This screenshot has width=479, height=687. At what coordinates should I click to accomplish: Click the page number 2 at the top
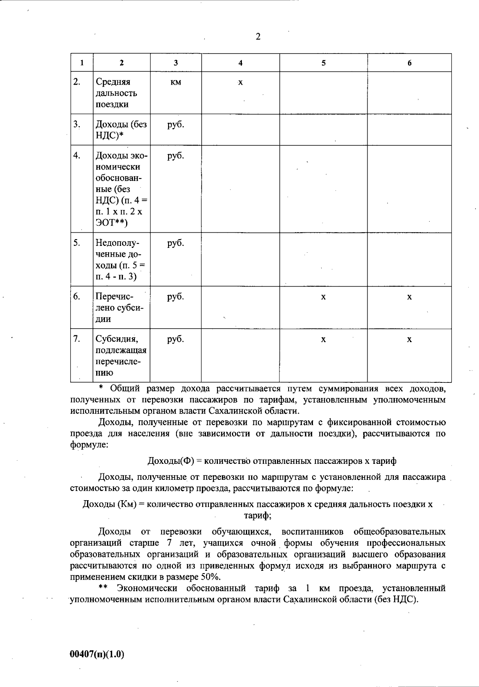pyautogui.click(x=258, y=37)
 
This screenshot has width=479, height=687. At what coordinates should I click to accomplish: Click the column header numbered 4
pyautogui.click(x=240, y=63)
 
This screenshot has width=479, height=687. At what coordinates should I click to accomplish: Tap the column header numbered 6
pyautogui.click(x=410, y=63)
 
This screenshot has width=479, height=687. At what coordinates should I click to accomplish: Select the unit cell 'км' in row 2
pyautogui.click(x=176, y=82)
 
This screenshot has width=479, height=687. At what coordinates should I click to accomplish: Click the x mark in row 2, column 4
pyautogui.click(x=240, y=83)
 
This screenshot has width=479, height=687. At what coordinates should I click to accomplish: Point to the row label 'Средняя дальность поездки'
pyautogui.click(x=117, y=93)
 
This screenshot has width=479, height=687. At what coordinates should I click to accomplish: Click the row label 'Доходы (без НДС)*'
pyautogui.click(x=121, y=130)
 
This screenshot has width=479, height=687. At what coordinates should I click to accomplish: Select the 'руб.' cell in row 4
pyautogui.click(x=176, y=156)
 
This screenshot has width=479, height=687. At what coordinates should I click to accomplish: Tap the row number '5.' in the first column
pyautogui.click(x=77, y=243)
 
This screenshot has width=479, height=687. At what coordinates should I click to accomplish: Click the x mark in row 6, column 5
pyautogui.click(x=323, y=297)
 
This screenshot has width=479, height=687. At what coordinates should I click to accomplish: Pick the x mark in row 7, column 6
pyautogui.click(x=410, y=340)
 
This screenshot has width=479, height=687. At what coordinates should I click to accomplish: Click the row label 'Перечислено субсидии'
pyautogui.click(x=119, y=308)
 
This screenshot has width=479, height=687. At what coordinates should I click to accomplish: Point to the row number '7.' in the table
pyautogui.click(x=77, y=339)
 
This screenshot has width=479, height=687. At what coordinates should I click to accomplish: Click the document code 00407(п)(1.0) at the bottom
pyautogui.click(x=97, y=654)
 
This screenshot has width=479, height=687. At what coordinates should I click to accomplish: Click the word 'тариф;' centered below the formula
pyautogui.click(x=258, y=515)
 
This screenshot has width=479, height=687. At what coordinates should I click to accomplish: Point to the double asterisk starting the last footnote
pyautogui.click(x=103, y=588)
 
